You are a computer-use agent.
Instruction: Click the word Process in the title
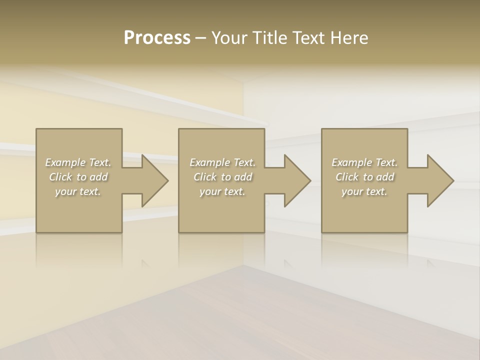point(157,38)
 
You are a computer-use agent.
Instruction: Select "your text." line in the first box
point(78,191)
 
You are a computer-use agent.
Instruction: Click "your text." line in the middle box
point(222,191)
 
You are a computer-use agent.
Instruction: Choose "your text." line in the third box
point(364,191)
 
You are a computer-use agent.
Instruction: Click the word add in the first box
point(99,177)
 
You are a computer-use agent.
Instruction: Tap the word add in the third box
point(385,177)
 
